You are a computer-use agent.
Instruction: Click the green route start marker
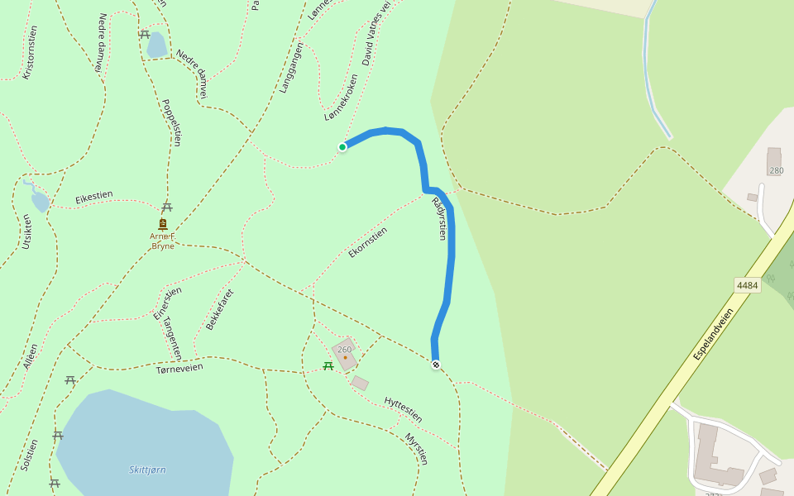tap(342, 147)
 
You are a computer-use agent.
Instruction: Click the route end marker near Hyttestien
tap(436, 365)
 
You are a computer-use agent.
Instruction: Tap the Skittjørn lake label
tap(147, 470)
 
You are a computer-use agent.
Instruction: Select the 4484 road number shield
tap(747, 285)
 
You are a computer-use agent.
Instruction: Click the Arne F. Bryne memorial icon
tap(162, 224)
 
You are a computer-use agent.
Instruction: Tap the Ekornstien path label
tap(368, 242)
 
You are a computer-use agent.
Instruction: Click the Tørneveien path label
tap(179, 367)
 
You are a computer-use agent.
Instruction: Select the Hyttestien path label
tap(404, 409)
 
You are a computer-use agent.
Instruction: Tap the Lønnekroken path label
tap(342, 98)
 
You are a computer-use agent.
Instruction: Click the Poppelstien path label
tap(171, 122)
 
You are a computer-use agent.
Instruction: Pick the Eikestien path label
tap(93, 197)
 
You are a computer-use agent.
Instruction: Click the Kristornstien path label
tap(30, 51)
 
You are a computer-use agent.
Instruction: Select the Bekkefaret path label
tap(220, 309)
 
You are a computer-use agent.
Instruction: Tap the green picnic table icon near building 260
tap(328, 365)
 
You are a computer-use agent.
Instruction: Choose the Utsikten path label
tap(27, 231)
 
